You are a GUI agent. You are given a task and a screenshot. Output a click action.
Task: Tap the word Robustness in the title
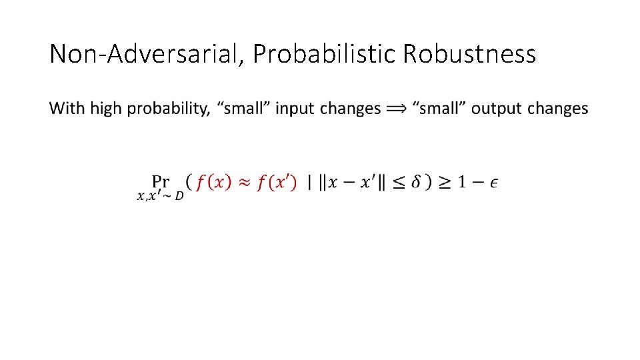(x=469, y=54)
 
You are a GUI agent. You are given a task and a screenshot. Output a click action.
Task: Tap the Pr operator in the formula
(x=161, y=181)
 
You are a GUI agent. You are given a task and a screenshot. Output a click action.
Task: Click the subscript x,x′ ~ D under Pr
(x=160, y=196)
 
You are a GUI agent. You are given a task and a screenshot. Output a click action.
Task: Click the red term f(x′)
(x=275, y=182)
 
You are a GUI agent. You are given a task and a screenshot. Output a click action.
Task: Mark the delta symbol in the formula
(x=415, y=182)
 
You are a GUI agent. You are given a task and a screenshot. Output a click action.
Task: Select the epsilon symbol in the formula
(x=493, y=183)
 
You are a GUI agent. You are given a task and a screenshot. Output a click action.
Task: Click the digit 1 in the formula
(x=461, y=182)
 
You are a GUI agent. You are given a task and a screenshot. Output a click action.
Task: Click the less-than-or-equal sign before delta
(x=397, y=182)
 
